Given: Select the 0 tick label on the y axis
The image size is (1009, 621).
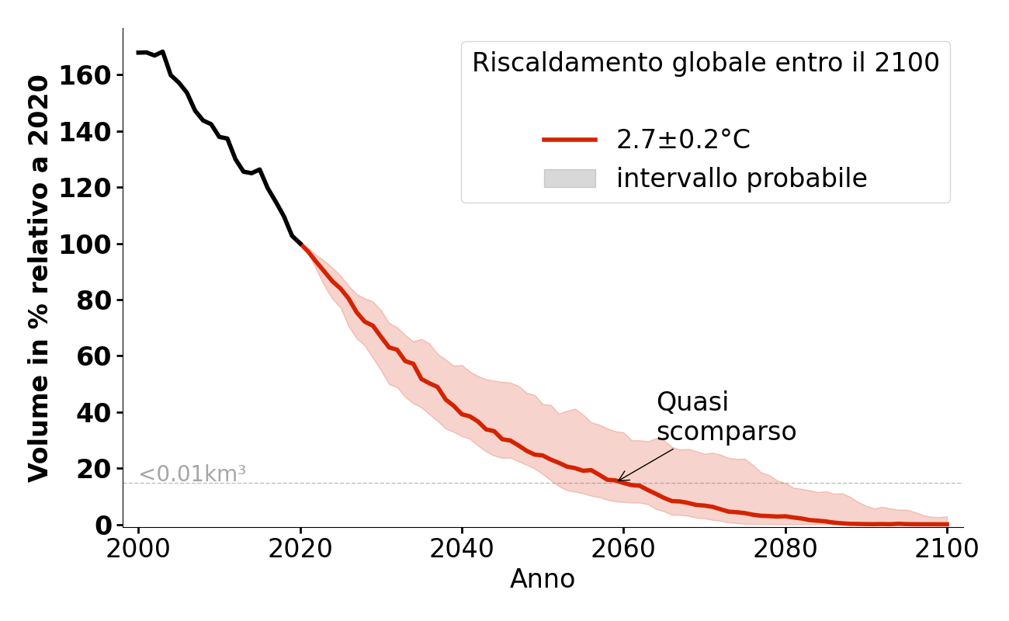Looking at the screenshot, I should pyautogui.click(x=103, y=526).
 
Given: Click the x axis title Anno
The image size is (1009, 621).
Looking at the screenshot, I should pyautogui.click(x=543, y=579).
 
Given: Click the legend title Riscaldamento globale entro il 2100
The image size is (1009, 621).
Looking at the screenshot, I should pyautogui.click(x=706, y=63).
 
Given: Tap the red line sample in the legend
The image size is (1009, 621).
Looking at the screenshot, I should pyautogui.click(x=570, y=140).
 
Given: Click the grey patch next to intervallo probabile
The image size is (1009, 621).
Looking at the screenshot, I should pyautogui.click(x=570, y=179).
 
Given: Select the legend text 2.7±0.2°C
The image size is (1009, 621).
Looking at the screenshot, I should pyautogui.click(x=683, y=140).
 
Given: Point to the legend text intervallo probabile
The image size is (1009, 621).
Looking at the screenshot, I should pyautogui.click(x=741, y=179).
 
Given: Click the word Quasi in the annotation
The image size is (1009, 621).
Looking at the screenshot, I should pyautogui.click(x=692, y=402).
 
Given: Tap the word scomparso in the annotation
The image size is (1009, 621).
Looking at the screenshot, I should pyautogui.click(x=726, y=432).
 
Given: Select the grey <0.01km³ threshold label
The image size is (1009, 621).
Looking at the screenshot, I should pyautogui.click(x=192, y=474).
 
